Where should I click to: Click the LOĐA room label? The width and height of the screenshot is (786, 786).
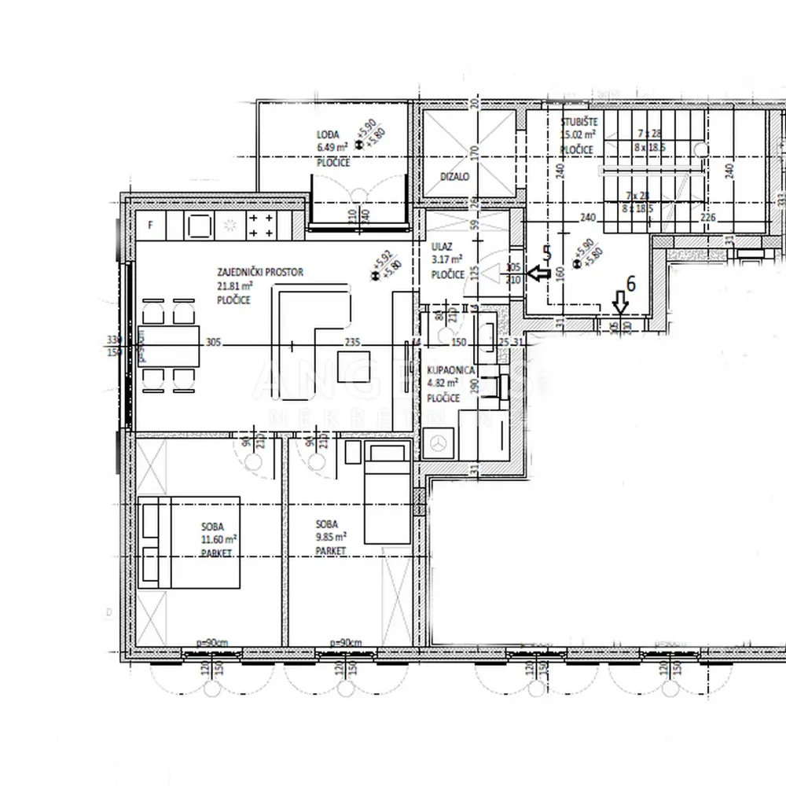(x=328, y=135)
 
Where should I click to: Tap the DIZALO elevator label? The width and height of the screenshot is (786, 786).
(x=454, y=178)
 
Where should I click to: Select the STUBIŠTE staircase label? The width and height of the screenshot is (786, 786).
(x=579, y=123)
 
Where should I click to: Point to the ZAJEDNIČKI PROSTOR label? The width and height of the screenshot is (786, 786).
(x=260, y=273)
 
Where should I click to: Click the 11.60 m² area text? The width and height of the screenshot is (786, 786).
(x=219, y=538)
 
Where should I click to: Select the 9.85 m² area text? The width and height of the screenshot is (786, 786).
(x=331, y=537)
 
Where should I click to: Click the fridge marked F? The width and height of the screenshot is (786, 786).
(x=151, y=226)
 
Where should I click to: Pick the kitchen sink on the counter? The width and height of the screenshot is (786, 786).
(x=199, y=226)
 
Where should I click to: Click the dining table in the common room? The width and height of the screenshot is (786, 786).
(x=169, y=346)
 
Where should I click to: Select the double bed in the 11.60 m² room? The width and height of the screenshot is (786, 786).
(x=189, y=542)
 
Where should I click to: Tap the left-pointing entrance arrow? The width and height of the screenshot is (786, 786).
(x=539, y=274)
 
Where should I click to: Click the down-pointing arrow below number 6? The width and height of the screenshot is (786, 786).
(x=621, y=302)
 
